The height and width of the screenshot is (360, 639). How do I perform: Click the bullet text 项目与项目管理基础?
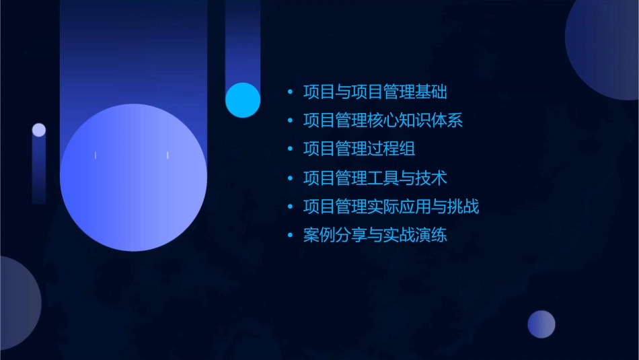point(375,92)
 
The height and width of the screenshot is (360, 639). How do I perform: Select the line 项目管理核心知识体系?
point(383,120)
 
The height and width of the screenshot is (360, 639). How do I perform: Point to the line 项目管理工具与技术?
point(375,178)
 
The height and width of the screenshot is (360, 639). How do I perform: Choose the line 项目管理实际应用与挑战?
point(391,207)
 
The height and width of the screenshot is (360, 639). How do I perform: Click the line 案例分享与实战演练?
point(375,236)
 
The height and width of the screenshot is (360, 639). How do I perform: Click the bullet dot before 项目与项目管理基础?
point(290,92)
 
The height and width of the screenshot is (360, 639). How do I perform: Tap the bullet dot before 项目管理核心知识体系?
point(290,121)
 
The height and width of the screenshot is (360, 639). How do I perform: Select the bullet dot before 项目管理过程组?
point(290,149)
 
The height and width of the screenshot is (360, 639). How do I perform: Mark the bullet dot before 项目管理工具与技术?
point(290,178)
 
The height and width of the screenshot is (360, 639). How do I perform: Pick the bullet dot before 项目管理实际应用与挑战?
point(290,207)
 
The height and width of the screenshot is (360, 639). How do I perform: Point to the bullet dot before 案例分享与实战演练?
point(290,236)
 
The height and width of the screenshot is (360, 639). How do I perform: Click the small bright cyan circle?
point(243,100)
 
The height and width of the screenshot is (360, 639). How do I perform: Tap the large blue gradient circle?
point(133,178)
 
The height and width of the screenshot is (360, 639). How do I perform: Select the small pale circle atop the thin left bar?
point(39,130)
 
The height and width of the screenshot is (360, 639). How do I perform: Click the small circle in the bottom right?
point(541,324)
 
